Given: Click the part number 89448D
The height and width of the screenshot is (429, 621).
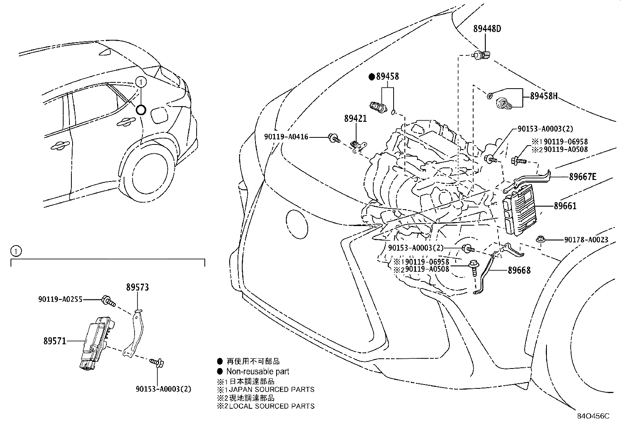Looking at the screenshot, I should click(x=487, y=28).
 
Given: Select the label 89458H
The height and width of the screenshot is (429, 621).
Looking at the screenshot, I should click(x=543, y=96).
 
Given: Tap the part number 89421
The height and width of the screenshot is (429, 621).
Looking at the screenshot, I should click(x=355, y=118).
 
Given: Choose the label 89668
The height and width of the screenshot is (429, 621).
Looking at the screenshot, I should click(x=519, y=270).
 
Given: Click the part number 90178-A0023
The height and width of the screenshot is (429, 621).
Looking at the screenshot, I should click(x=586, y=240).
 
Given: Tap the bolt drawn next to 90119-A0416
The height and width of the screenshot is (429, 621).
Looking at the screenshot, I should click(x=334, y=137).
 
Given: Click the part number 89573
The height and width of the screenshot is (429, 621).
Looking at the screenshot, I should click(x=137, y=288).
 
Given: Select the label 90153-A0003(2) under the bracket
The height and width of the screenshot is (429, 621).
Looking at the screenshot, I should click(x=163, y=389).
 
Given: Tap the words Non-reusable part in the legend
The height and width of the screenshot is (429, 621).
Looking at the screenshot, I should click(x=257, y=372).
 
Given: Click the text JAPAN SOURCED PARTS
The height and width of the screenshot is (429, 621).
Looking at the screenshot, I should click(x=271, y=389).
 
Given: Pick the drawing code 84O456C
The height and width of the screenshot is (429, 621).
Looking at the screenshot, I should click(x=593, y=416).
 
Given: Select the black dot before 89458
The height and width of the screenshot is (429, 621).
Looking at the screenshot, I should click(x=372, y=77).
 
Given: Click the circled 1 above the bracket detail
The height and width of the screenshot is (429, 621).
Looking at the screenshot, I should click(x=14, y=250).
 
